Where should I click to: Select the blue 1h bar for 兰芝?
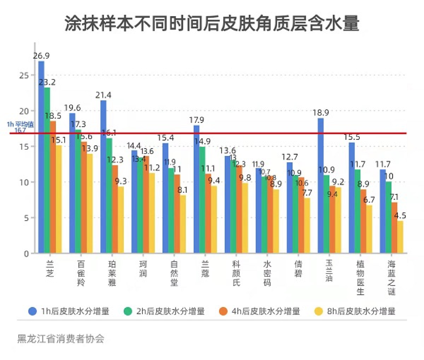41,157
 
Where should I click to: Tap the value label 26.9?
41,56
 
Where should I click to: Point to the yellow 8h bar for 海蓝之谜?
400,237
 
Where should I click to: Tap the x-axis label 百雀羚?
81,273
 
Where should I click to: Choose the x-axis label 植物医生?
360,278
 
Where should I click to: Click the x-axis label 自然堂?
174,273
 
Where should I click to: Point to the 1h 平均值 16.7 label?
17,127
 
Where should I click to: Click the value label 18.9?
321,113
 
